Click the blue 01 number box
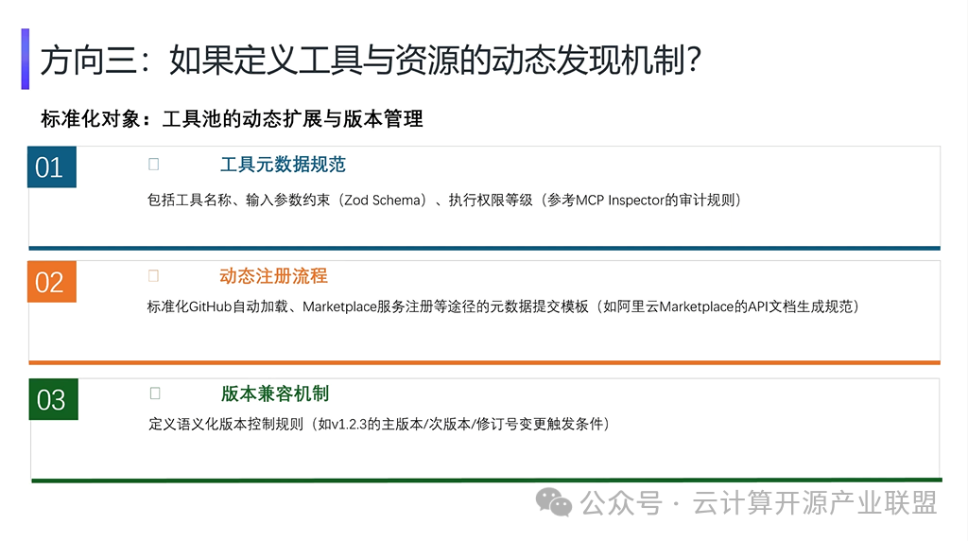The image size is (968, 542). pyautogui.click(x=52, y=166)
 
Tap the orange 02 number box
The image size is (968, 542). pyautogui.click(x=52, y=282)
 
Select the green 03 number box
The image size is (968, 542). pyautogui.click(x=53, y=399)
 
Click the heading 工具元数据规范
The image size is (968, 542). pyautogui.click(x=283, y=165)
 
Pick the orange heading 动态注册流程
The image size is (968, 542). pyautogui.click(x=273, y=275)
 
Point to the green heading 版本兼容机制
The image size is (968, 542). pyautogui.click(x=275, y=393)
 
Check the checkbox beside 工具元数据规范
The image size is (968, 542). pyautogui.click(x=154, y=164)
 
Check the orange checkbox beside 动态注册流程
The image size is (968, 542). pyautogui.click(x=154, y=275)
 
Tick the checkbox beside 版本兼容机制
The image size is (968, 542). pyautogui.click(x=155, y=393)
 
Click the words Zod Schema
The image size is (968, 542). pyautogui.click(x=384, y=201)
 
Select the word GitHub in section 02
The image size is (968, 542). pyautogui.click(x=210, y=306)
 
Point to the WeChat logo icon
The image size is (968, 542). pyautogui.click(x=554, y=501)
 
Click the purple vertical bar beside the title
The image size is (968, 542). pyautogui.click(x=26, y=59)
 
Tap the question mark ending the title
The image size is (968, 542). pyautogui.click(x=694, y=60)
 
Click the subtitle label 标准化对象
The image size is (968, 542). pyautogui.click(x=91, y=118)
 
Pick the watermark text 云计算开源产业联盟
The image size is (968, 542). pyautogui.click(x=815, y=502)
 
